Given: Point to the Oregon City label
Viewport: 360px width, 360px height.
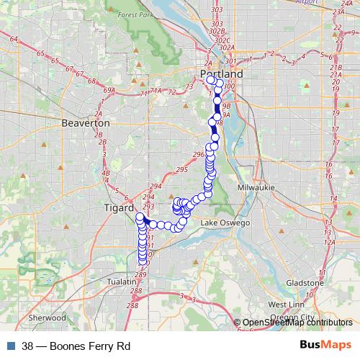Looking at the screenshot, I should [x=296, y=316].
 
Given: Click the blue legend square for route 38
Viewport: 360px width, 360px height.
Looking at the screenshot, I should [x=10, y=346].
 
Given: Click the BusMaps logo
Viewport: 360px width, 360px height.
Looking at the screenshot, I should [x=325, y=346].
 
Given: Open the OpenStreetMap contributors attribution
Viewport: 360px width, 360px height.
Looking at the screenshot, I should [x=297, y=323].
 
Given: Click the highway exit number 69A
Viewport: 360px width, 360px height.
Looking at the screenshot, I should [x=109, y=90].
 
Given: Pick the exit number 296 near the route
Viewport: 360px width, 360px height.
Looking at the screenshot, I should [x=199, y=154].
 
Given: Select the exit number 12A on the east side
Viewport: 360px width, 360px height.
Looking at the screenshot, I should [x=330, y=242].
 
